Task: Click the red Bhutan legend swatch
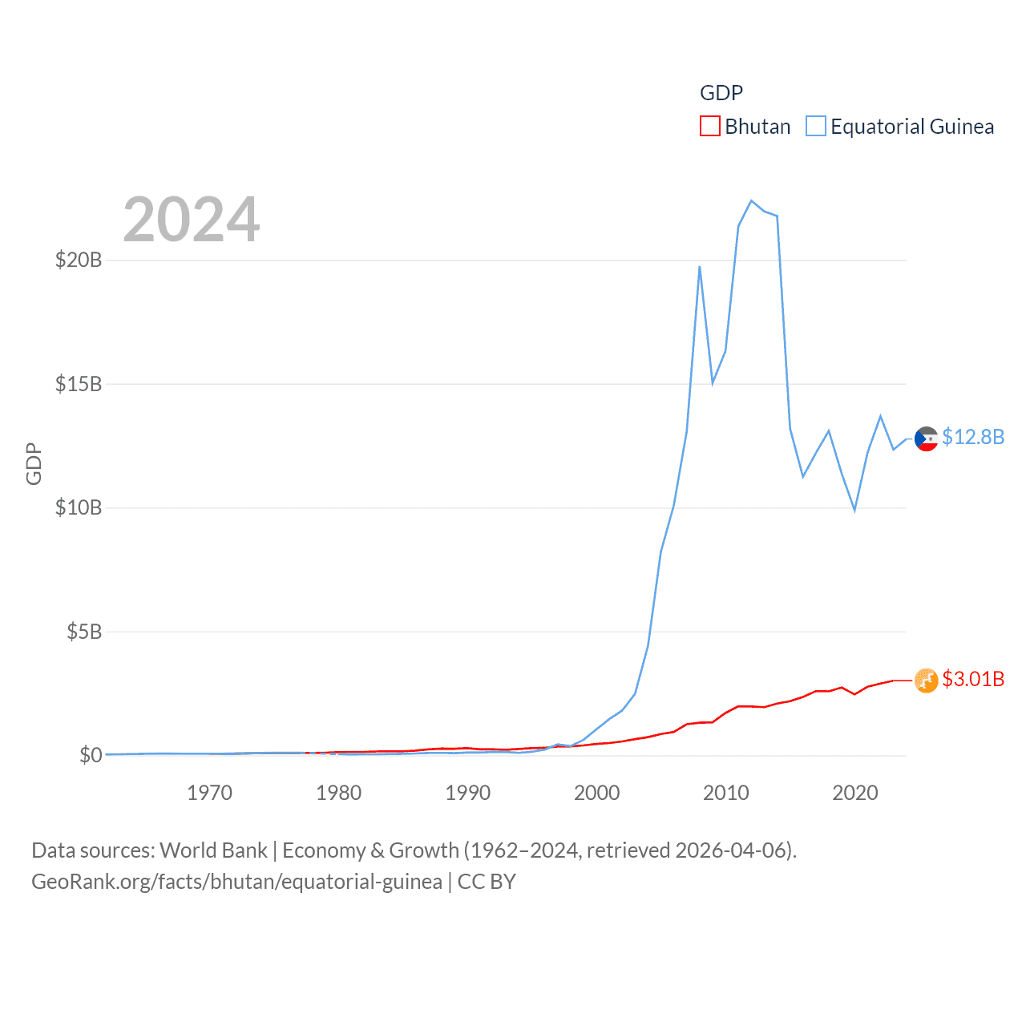tap(710, 127)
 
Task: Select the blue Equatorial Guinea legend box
tap(816, 127)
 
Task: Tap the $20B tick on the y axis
tap(79, 260)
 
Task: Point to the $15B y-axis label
tap(79, 384)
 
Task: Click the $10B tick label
tap(79, 507)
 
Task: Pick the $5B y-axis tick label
tap(84, 632)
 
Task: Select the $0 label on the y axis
tap(91, 755)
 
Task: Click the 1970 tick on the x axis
tap(209, 793)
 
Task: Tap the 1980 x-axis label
tap(338, 793)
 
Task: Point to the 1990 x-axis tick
tap(467, 793)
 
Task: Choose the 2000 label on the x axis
tap(596, 793)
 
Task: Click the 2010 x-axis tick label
tap(725, 793)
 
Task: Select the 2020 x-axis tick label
tap(855, 793)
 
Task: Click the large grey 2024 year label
tap(192, 220)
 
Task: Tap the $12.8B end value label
tap(973, 437)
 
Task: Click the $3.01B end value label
tap(973, 679)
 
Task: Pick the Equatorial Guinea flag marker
tap(926, 438)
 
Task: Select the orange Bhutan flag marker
tap(926, 681)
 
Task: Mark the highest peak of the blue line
tap(751, 200)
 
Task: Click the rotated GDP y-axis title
tap(34, 463)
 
